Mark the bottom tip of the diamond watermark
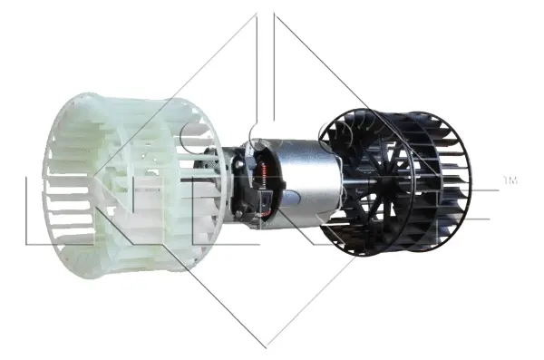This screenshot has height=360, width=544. point(267,345)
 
